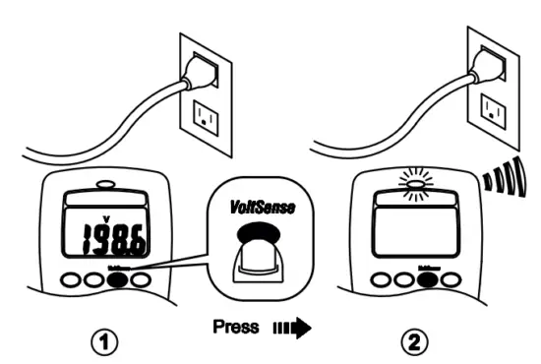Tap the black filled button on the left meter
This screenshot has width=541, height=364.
pos(117,280)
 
